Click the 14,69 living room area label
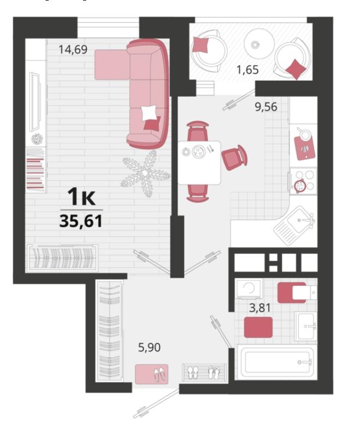click(73, 50)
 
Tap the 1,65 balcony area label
click(248, 70)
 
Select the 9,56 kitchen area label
click(266, 106)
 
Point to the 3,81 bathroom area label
click(260, 308)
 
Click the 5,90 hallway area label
click(149, 348)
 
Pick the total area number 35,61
click(81, 221)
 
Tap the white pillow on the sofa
click(149, 113)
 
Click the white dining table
click(199, 163)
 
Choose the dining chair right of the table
click(235, 158)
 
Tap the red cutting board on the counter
click(305, 147)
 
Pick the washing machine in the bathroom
click(249, 290)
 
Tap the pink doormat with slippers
click(152, 374)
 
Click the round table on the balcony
click(259, 44)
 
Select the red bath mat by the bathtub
click(259, 327)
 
